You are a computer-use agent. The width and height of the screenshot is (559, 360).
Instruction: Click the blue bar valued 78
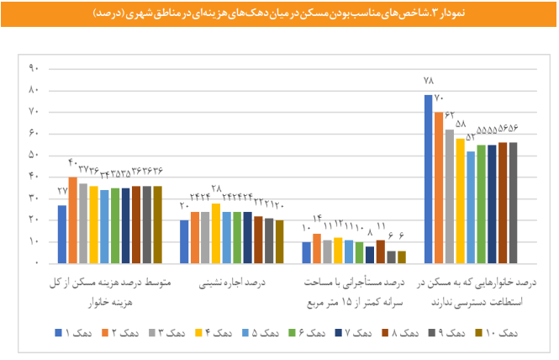click(x=429, y=178)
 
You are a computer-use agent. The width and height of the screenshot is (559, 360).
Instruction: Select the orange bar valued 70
click(x=439, y=187)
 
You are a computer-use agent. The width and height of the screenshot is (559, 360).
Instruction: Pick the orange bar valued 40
click(x=72, y=220)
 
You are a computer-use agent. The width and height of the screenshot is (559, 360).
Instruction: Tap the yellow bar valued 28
click(x=216, y=232)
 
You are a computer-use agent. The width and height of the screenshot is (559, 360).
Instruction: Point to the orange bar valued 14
click(x=317, y=247)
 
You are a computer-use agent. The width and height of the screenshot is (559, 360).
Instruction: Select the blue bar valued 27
click(x=62, y=234)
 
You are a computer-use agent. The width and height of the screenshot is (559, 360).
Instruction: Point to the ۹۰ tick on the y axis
click(x=35, y=68)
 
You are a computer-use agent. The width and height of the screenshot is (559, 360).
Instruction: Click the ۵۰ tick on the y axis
click(x=35, y=155)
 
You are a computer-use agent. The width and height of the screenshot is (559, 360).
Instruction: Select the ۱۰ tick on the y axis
click(x=35, y=241)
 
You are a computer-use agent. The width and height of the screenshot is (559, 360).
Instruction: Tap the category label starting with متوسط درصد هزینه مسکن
click(x=112, y=290)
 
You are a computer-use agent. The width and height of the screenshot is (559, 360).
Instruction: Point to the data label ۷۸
click(x=428, y=82)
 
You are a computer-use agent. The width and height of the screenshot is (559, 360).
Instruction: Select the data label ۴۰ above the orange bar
click(x=72, y=162)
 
